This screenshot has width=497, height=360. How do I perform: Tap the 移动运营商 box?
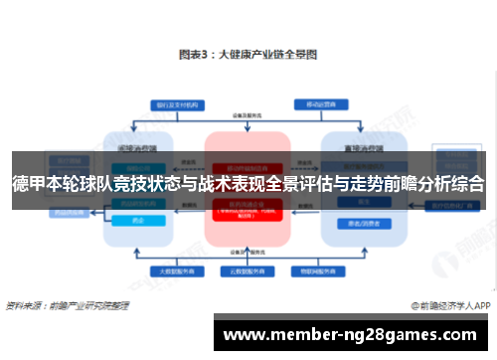tap(318, 103)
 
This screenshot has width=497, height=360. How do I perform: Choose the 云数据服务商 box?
tap(247, 270)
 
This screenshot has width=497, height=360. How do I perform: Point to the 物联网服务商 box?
tap(311, 270)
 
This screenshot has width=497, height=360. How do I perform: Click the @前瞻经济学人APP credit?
tap(448, 305)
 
